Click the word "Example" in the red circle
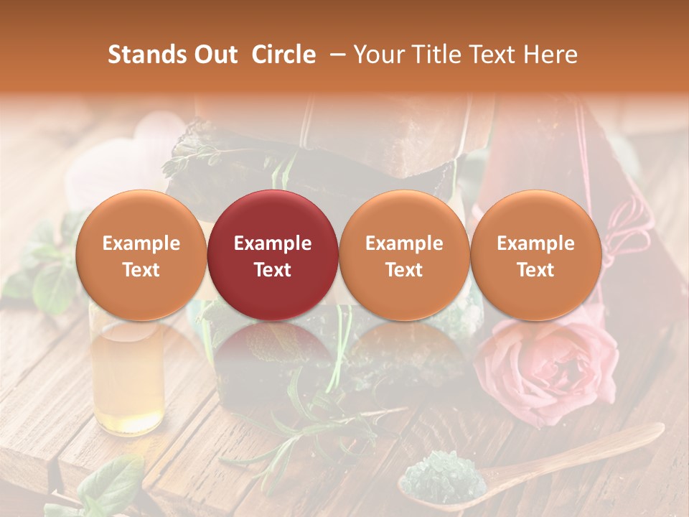pyautogui.click(x=273, y=243)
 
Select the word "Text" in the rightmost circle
pyautogui.click(x=535, y=270)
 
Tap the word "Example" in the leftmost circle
pyautogui.click(x=141, y=243)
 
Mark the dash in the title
pyautogui.click(x=334, y=55)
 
